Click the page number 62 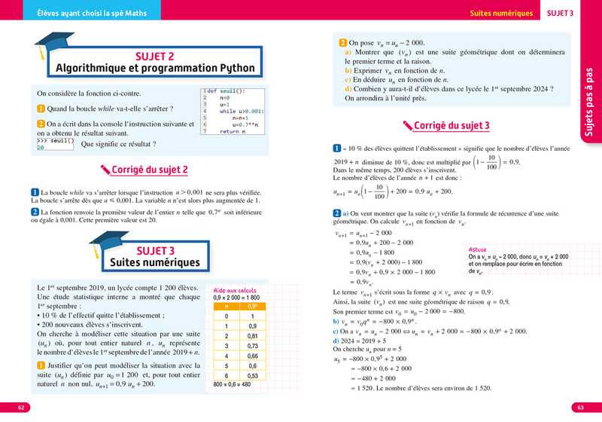coord(21,408)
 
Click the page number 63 coord(580,408)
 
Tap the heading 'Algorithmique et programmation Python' coord(155,68)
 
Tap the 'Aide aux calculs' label coord(235,290)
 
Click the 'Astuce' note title coord(477,249)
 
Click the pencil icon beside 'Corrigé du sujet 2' coord(94,170)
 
